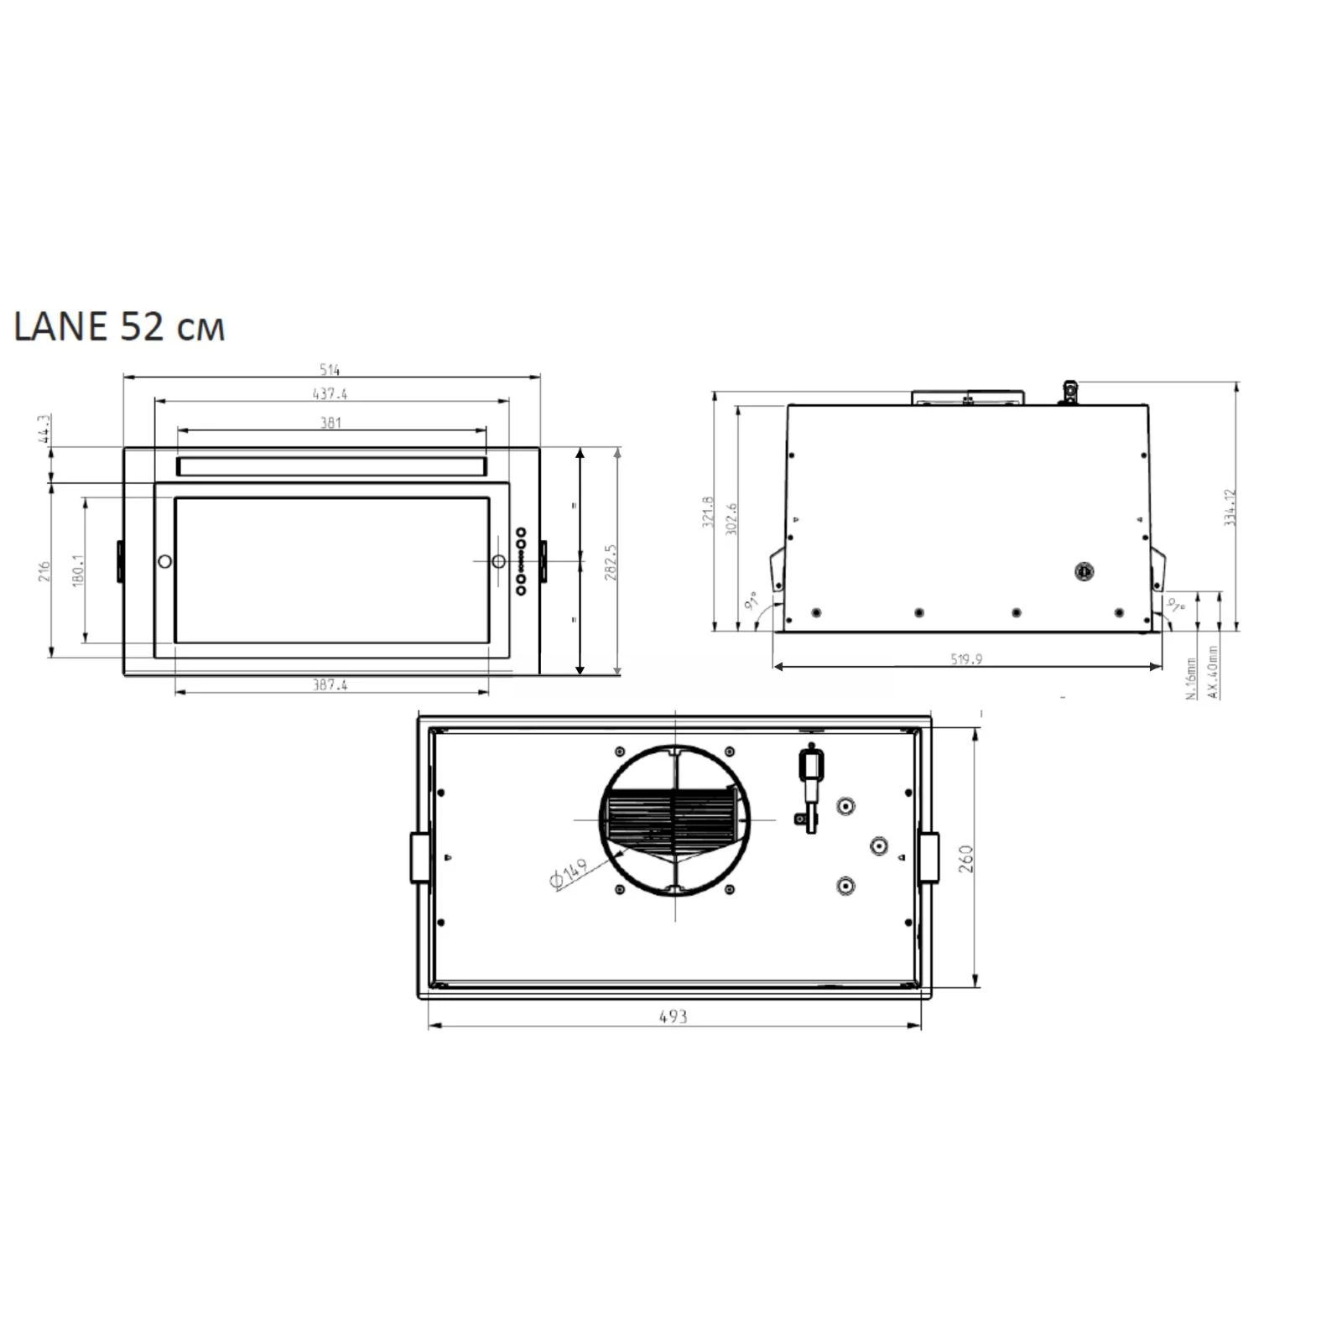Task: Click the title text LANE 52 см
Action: coord(119,327)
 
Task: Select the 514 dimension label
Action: coord(330,370)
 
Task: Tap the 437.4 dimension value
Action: coord(330,393)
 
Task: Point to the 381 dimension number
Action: coord(330,423)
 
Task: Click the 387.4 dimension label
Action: coord(330,684)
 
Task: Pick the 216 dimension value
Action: coord(44,571)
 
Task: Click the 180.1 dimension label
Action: coord(78,570)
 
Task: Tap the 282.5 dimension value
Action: coord(611,562)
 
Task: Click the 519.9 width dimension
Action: coord(966,659)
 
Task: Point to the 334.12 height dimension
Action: coord(1230,507)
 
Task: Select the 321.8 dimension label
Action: coord(707,512)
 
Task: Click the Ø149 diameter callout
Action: coord(568,874)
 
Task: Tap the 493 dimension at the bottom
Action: coord(673,1017)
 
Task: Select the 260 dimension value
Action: coord(965,859)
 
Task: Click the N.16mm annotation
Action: coord(1192,679)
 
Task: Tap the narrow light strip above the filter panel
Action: coord(330,467)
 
